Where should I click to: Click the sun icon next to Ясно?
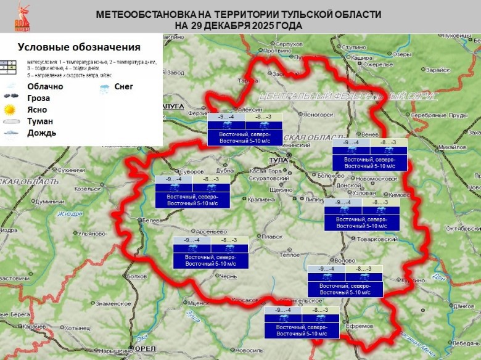click(x=10, y=110)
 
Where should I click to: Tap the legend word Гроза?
click(x=39, y=98)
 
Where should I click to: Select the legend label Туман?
click(x=40, y=121)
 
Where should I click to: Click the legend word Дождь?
click(x=42, y=133)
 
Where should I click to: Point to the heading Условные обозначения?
click(x=79, y=47)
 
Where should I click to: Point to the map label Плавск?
click(x=273, y=236)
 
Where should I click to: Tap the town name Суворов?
click(x=191, y=171)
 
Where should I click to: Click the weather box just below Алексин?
click(x=245, y=129)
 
